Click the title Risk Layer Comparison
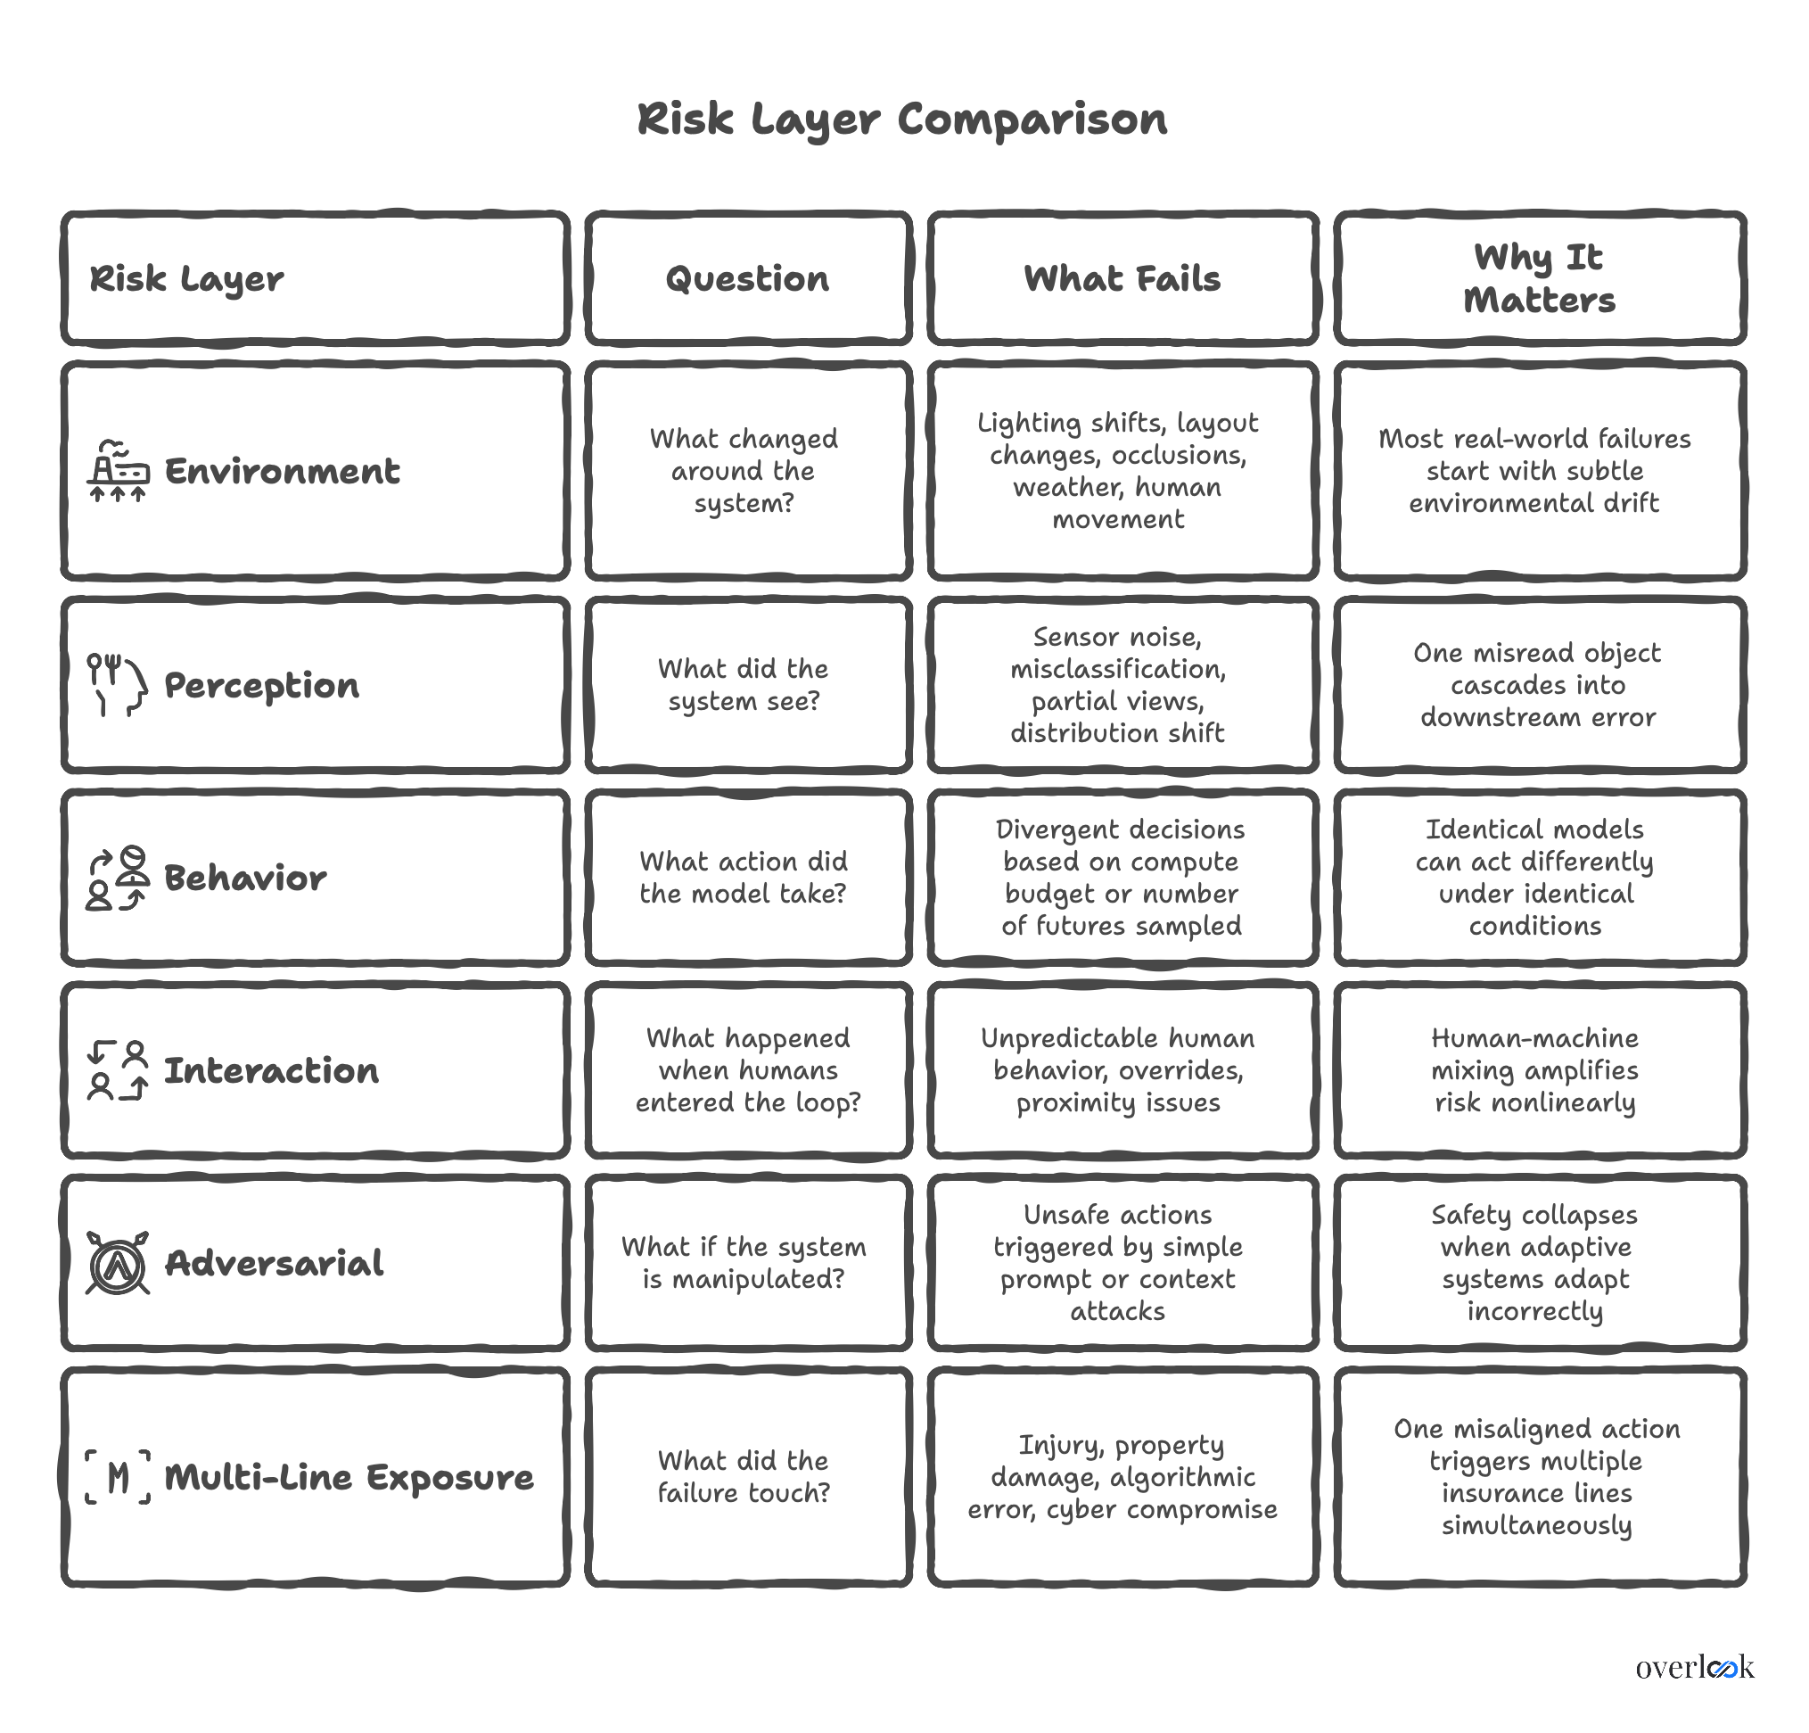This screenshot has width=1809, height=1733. (x=901, y=120)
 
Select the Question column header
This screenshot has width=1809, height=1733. (x=748, y=279)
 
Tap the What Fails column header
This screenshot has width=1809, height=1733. (x=1122, y=279)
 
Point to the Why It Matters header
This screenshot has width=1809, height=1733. (x=1539, y=279)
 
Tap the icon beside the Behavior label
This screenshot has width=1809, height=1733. (x=117, y=878)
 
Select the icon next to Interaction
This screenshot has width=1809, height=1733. (x=117, y=1070)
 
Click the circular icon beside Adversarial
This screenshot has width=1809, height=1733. (x=117, y=1262)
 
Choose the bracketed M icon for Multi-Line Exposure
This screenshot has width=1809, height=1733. (x=117, y=1477)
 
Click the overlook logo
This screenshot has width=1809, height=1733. (x=1694, y=1668)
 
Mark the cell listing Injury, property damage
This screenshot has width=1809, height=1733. (x=1122, y=1477)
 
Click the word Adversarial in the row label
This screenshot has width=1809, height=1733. (x=274, y=1263)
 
